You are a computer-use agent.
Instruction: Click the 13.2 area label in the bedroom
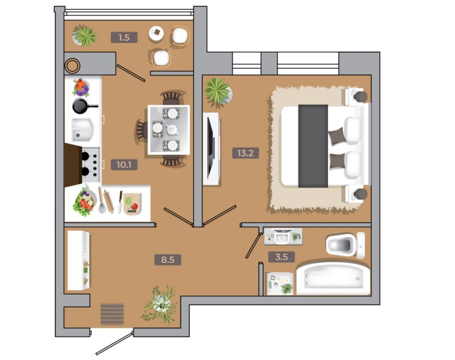[245, 153]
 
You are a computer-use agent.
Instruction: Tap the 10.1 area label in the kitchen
[124, 165]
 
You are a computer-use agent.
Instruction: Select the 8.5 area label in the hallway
[168, 260]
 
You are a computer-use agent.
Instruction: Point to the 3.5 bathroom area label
[281, 257]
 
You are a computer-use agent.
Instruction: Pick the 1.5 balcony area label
[124, 37]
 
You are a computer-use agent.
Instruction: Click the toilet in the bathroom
[345, 245]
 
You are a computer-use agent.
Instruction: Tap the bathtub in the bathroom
[333, 279]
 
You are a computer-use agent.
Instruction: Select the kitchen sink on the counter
[83, 130]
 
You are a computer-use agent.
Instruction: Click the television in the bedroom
[211, 148]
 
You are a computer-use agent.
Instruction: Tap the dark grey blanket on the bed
[313, 146]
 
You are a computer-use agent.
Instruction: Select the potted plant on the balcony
[84, 36]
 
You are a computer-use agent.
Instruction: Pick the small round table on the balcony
[156, 33]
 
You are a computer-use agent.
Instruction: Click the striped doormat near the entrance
[112, 314]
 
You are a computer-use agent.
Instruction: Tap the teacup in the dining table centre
[172, 130]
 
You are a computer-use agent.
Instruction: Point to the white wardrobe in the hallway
[78, 260]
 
